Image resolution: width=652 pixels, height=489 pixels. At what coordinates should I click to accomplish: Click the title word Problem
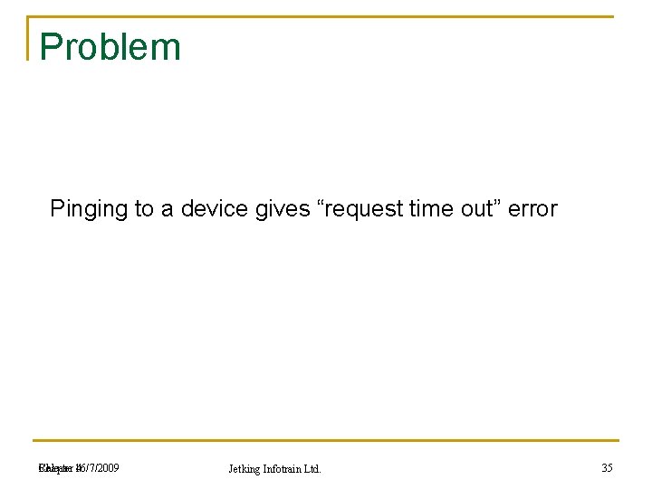(110, 47)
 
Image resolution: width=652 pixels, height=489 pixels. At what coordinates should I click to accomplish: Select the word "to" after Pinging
(144, 209)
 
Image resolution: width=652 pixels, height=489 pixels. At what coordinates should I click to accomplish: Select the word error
(532, 209)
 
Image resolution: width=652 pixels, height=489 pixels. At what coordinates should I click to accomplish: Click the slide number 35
(607, 468)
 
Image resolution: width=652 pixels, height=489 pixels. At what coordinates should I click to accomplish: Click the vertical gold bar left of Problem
(29, 38)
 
